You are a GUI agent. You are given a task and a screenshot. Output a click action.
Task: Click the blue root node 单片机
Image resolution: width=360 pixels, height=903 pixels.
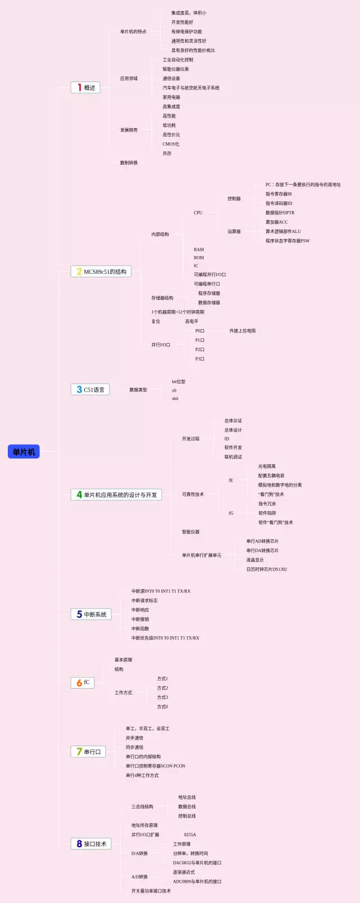click(x=24, y=452)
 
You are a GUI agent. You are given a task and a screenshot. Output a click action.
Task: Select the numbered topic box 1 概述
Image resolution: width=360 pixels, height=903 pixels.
click(x=85, y=88)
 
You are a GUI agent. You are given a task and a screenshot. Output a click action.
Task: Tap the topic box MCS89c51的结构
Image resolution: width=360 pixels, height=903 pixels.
click(x=101, y=272)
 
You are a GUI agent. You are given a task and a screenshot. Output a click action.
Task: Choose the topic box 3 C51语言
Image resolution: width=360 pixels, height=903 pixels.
click(x=90, y=389)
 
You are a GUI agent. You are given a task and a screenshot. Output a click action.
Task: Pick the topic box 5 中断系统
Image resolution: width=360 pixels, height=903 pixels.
click(x=91, y=614)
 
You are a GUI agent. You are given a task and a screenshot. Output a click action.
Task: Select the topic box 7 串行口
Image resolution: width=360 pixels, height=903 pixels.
click(x=88, y=752)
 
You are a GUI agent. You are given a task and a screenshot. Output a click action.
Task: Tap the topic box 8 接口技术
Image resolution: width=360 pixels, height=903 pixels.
click(x=91, y=844)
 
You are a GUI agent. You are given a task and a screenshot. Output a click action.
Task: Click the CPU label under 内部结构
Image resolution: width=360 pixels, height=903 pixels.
click(x=198, y=213)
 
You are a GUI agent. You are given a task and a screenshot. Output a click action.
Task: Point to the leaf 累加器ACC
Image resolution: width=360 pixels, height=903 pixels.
click(x=277, y=222)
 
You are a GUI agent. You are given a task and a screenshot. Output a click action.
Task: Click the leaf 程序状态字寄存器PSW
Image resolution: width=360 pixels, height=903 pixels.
click(x=287, y=241)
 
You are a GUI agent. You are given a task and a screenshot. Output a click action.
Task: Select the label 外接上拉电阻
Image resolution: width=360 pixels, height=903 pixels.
click(x=242, y=331)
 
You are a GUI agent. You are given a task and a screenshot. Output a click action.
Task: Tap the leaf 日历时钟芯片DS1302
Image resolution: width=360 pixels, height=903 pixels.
click(x=267, y=569)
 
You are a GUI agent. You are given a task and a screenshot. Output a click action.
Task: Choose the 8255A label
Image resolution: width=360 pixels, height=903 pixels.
click(x=190, y=835)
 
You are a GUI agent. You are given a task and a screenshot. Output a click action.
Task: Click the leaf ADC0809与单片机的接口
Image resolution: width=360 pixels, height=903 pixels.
click(x=197, y=882)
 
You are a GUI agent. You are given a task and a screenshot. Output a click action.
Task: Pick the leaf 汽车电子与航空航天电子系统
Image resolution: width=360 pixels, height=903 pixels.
click(x=191, y=88)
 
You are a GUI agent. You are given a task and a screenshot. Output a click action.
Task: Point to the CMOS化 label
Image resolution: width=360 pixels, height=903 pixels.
click(x=171, y=144)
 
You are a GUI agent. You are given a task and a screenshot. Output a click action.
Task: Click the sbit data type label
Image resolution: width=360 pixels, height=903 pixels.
click(x=175, y=398)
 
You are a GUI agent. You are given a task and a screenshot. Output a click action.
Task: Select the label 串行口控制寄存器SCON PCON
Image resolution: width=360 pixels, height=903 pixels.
click(x=155, y=766)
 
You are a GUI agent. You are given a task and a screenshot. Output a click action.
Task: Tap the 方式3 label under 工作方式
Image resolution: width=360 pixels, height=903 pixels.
click(x=163, y=697)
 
